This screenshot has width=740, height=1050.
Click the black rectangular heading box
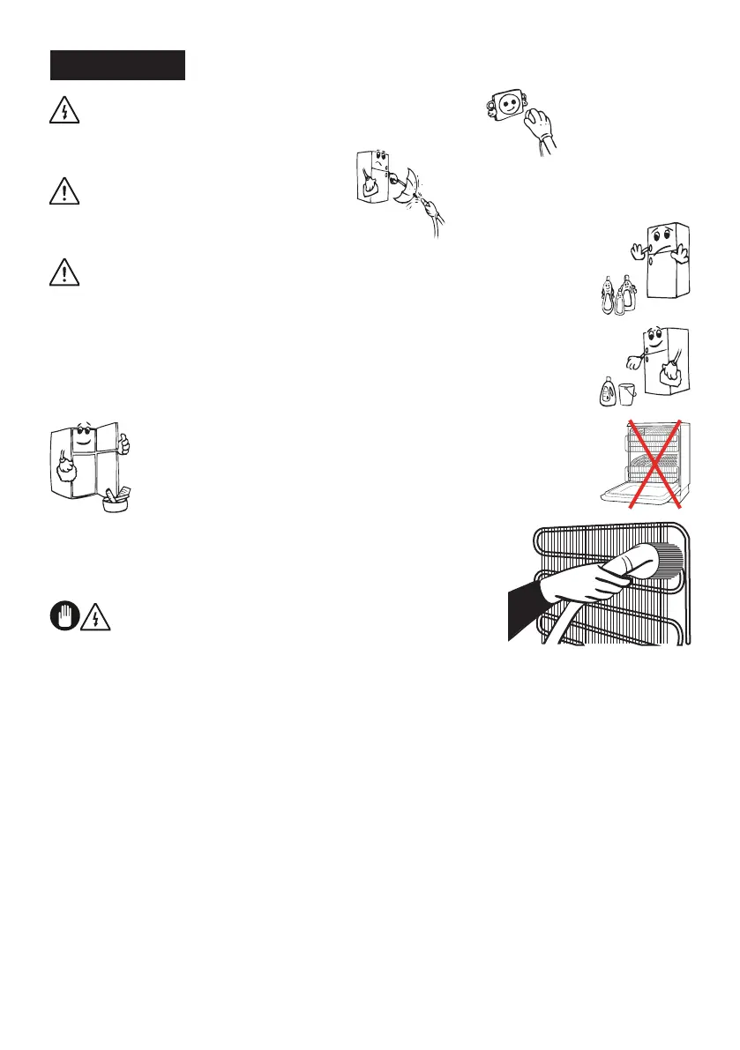click(117, 65)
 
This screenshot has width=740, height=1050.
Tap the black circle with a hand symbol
click(64, 616)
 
